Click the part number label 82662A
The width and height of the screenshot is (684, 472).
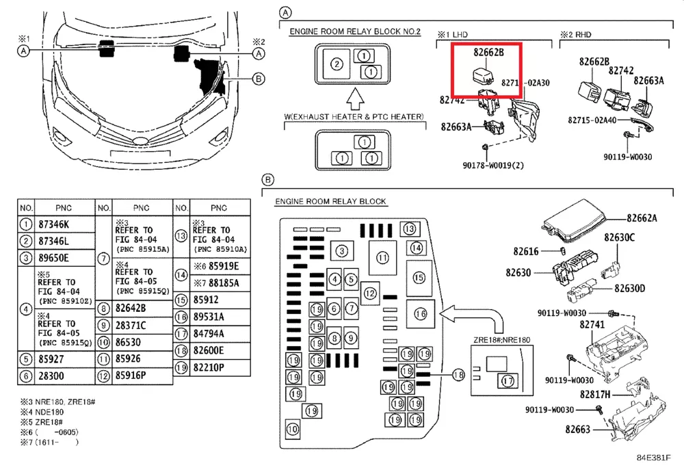click(x=643, y=218)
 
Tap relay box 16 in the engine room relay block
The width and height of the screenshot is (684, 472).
click(x=420, y=313)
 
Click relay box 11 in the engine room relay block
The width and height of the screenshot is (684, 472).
click(x=382, y=258)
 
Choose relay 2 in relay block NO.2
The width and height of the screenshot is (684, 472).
click(x=336, y=64)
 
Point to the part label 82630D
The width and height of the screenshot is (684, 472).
click(x=629, y=288)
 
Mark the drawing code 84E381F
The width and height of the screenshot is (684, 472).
click(x=654, y=458)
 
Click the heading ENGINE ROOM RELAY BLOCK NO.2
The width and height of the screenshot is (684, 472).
click(x=355, y=32)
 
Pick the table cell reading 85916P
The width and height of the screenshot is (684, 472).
click(x=134, y=376)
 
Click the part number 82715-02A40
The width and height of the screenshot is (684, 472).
click(x=592, y=120)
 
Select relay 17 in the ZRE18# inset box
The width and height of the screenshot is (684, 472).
click(x=507, y=380)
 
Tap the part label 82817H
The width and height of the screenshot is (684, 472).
click(x=595, y=395)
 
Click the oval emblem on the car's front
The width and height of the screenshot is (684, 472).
click(x=140, y=142)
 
